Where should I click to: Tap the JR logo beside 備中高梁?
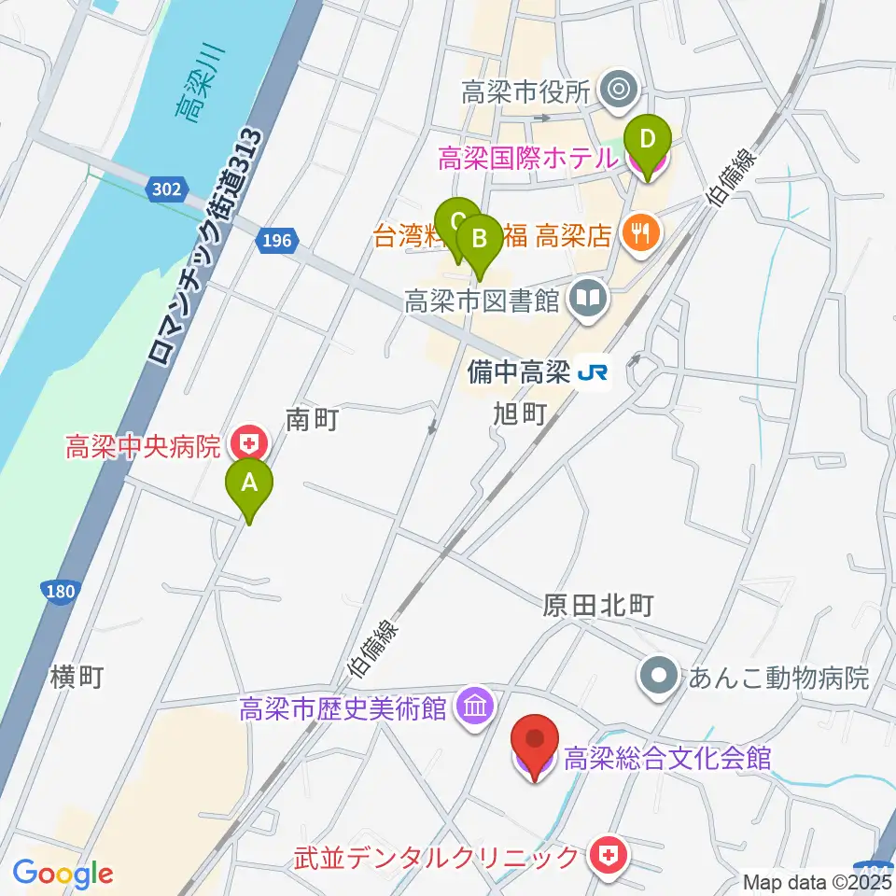tap(593, 373)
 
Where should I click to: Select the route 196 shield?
tap(276, 242)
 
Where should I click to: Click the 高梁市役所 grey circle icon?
tap(618, 91)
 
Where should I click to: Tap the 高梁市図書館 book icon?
tap(590, 300)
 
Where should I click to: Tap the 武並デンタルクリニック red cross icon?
tap(609, 854)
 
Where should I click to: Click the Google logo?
tap(63, 874)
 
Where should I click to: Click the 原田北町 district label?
tap(596, 606)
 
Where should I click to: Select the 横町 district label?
tap(78, 677)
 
